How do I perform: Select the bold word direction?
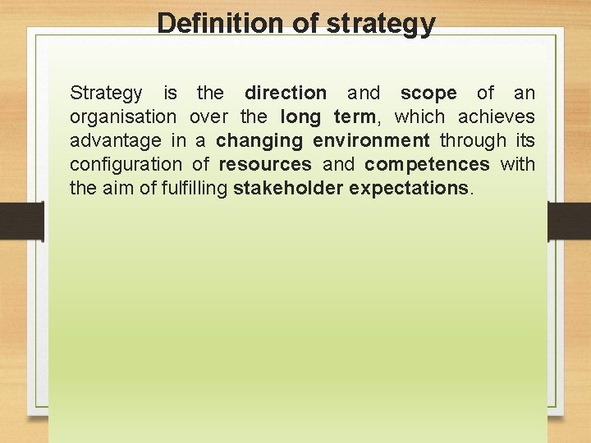point(285,94)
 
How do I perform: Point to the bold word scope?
point(428,94)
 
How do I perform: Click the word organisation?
point(123,117)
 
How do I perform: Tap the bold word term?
point(354,117)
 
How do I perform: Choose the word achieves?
point(496,117)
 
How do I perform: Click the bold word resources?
point(265,165)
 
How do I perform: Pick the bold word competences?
point(428,165)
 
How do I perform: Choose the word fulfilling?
point(190,189)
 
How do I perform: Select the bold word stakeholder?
point(287,189)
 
